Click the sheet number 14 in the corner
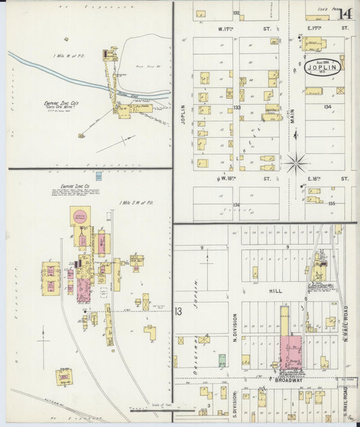(345, 14)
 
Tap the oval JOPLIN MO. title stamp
(322, 66)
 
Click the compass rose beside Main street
(296, 162)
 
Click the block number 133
(237, 107)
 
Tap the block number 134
(328, 107)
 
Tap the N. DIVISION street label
(235, 329)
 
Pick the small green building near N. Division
(222, 360)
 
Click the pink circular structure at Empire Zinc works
(80, 216)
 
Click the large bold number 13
(178, 311)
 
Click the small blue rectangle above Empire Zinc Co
(99, 176)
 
